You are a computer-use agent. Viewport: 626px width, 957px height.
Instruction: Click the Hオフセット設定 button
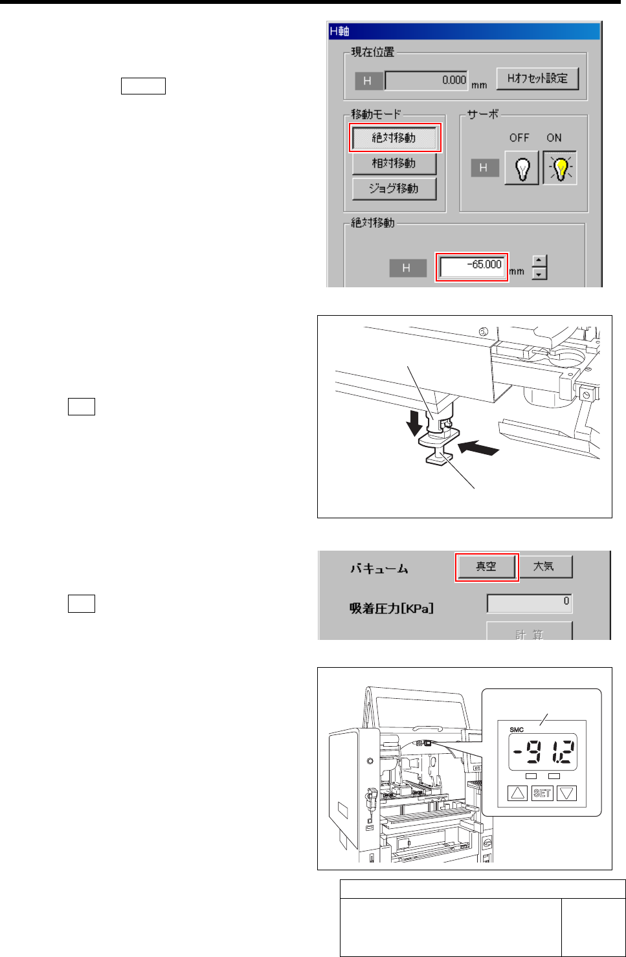coord(537,78)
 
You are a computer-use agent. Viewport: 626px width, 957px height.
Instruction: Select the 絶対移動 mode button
coord(394,138)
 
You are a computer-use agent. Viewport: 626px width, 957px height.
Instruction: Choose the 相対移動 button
coord(394,163)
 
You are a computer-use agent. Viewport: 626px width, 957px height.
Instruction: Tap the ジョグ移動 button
coord(394,189)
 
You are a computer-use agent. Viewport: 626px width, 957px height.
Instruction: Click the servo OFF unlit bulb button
coord(521,168)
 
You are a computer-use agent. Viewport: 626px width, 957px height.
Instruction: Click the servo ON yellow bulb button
coord(560,168)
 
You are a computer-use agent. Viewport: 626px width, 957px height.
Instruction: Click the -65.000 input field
coord(472,267)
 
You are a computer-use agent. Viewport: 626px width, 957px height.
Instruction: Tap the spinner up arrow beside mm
coord(539,261)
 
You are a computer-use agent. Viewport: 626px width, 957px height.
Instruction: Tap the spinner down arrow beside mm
coord(539,274)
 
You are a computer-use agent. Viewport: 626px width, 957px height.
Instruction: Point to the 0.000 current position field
coord(426,80)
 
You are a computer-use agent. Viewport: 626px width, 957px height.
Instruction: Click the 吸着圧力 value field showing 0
coord(530,603)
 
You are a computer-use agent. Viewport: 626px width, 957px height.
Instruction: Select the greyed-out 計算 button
coord(530,632)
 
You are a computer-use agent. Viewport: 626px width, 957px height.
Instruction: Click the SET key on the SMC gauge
coord(542,793)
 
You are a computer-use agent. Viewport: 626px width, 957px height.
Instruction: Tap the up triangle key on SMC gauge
coord(518,793)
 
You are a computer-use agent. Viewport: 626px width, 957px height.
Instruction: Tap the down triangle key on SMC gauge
coord(566,793)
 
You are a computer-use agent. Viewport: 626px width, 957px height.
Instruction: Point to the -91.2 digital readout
coord(542,752)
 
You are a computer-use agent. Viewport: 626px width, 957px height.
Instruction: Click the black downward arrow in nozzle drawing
coord(414,423)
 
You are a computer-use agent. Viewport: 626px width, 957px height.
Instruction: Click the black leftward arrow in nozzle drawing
coord(478,448)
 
